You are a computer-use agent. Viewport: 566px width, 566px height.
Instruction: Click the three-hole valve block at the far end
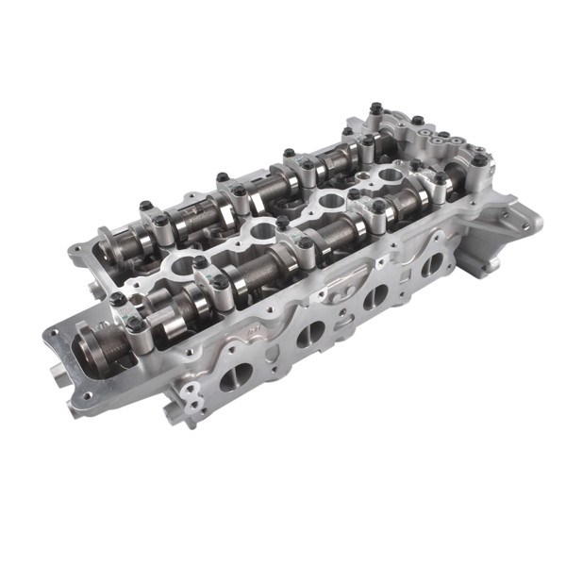[x=434, y=141]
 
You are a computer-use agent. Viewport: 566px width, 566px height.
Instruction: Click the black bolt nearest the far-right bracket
[x=478, y=162]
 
